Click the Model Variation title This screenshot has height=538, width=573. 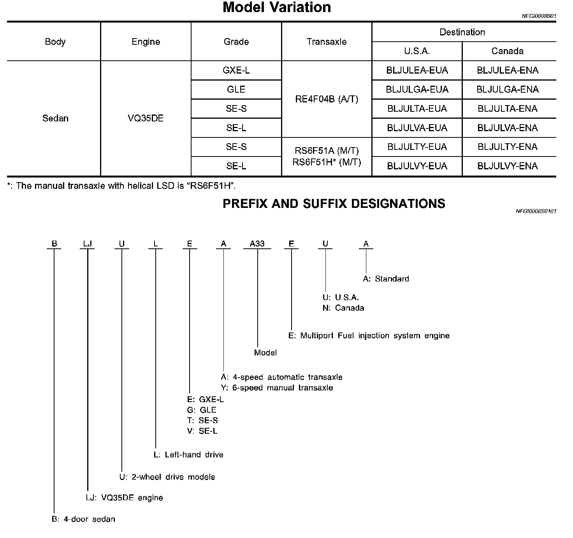pos(276,8)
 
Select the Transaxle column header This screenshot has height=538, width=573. pos(326,42)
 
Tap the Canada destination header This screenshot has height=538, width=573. pos(507,51)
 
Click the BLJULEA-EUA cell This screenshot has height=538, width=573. pos(417,70)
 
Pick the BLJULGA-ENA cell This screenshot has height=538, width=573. pos(508,90)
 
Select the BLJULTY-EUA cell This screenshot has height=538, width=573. pos(417,147)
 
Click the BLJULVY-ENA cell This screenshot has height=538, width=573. pos(508,166)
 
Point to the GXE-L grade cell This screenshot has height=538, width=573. pos(236,70)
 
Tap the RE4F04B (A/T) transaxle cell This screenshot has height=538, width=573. pos(326,99)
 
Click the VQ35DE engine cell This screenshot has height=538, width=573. pos(146,118)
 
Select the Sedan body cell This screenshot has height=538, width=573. pos(55,118)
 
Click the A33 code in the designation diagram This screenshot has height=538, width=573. pos(257,244)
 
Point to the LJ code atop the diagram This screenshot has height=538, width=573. pos(88,244)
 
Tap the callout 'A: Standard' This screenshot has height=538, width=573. pos(386,279)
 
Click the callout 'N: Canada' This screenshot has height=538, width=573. pos(343,308)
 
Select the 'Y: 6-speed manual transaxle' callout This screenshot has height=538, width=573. pos(277,388)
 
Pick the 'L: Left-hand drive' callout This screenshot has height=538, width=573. pos(189,455)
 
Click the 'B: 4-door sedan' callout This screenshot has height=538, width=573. pos(83,519)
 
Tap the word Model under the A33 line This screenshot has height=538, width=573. pos(265,353)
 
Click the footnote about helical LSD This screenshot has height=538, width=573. pos(121,186)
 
